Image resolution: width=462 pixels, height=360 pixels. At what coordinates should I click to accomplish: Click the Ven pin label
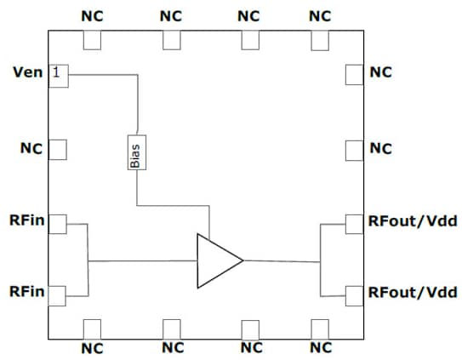(x=26, y=73)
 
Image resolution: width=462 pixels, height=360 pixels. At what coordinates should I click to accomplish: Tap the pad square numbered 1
(x=57, y=74)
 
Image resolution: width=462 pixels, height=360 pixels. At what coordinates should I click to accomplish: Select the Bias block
(x=134, y=151)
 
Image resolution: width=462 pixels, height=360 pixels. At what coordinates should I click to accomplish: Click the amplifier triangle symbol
(x=216, y=260)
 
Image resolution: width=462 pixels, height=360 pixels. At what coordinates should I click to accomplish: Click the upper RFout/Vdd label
(x=413, y=224)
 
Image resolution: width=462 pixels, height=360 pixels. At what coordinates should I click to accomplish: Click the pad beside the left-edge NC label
(x=57, y=150)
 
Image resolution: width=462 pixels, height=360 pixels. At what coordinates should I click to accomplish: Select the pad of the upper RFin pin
(x=57, y=224)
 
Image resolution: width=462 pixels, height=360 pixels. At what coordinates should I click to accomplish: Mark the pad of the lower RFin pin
(x=57, y=295)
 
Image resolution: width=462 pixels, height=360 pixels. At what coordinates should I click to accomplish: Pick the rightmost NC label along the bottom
(x=321, y=347)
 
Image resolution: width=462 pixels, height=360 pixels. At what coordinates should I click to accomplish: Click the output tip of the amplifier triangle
(x=243, y=260)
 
